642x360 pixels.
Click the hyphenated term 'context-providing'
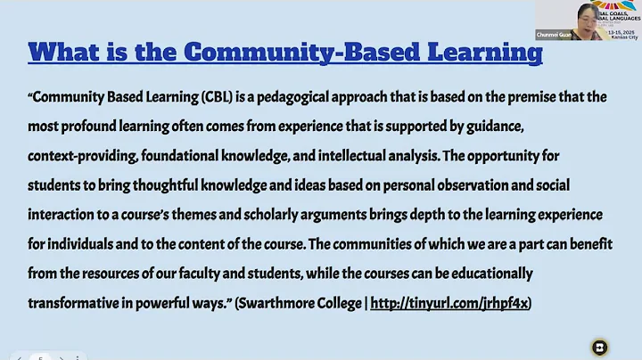pyautogui.click(x=81, y=155)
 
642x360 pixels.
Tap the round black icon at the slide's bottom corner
pyautogui.click(x=599, y=347)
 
